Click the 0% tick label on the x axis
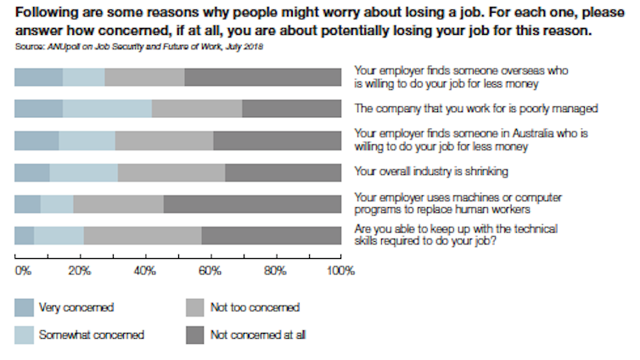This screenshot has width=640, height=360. pos(22,272)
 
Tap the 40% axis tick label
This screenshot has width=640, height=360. pos(143,272)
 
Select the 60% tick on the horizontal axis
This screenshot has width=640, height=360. pos(209,272)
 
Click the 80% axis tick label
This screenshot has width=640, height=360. pos(275,272)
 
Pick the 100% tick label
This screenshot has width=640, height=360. pos(340,272)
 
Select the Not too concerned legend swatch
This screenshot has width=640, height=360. pos(196,307)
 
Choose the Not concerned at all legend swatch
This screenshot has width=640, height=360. pos(196,335)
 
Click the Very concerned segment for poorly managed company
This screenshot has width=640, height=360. pos(38,109)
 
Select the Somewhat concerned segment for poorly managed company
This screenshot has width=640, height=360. pos(107,109)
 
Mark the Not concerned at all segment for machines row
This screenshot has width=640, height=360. pos(252,204)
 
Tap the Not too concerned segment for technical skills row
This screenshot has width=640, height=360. pos(142,236)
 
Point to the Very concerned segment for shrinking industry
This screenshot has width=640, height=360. pos(32,172)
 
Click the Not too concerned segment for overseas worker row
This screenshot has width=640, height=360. pos(144,77)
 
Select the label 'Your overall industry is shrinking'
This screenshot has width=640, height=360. pos(431,172)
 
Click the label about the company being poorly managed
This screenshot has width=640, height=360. pos(478,109)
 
